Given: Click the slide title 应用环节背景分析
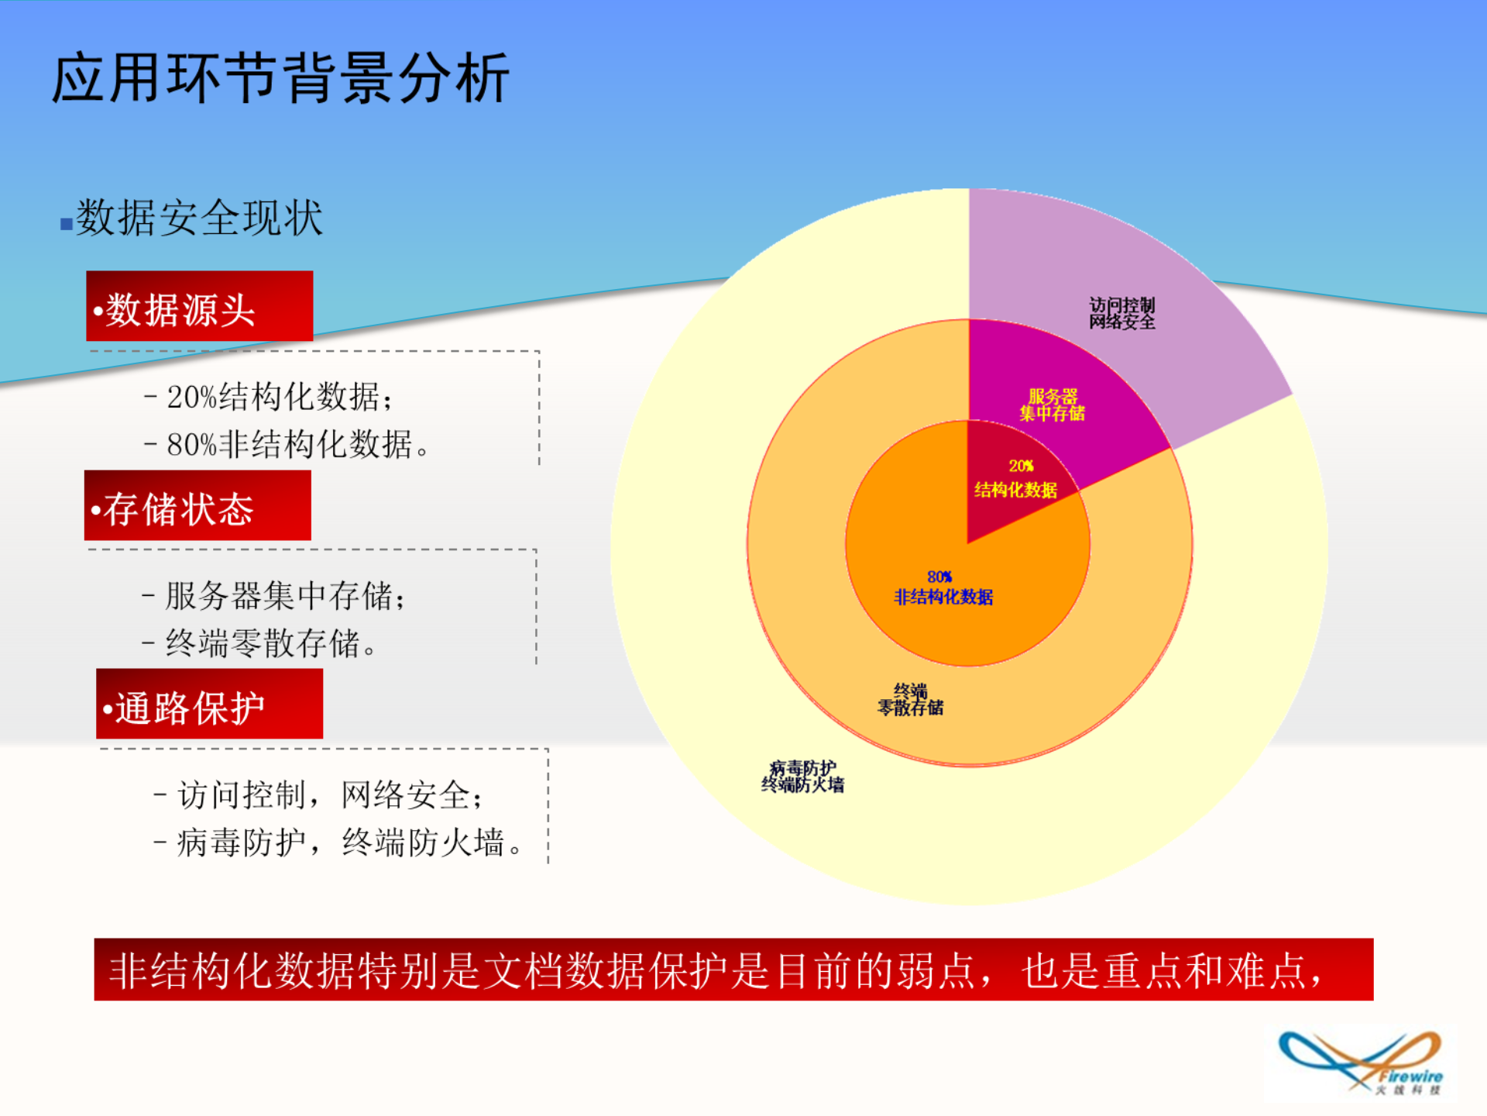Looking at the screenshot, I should [x=280, y=79].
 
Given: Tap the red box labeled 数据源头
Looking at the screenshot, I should [x=199, y=306].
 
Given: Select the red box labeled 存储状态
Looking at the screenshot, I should [x=197, y=505].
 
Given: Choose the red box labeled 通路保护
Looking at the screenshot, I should [x=209, y=704].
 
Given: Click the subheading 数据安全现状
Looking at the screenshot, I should [x=199, y=218].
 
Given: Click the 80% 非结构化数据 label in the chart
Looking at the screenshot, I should [x=943, y=587].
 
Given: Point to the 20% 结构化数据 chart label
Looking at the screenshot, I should [x=1015, y=478].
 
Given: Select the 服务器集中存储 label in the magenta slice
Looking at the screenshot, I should [x=1052, y=405].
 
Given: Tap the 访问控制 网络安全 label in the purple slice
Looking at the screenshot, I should [x=1121, y=313].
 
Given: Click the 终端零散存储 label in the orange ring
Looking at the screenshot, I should [x=910, y=699].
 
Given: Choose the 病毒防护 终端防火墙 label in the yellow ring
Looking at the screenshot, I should [x=802, y=777].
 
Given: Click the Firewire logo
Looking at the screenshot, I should [x=1361, y=1063].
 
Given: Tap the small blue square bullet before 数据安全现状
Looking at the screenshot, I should [x=67, y=225].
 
